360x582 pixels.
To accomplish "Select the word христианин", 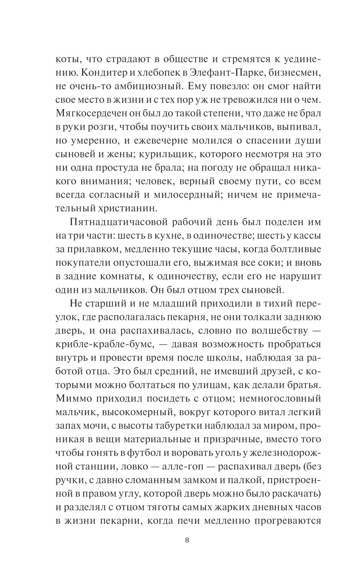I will [x=129, y=208].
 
